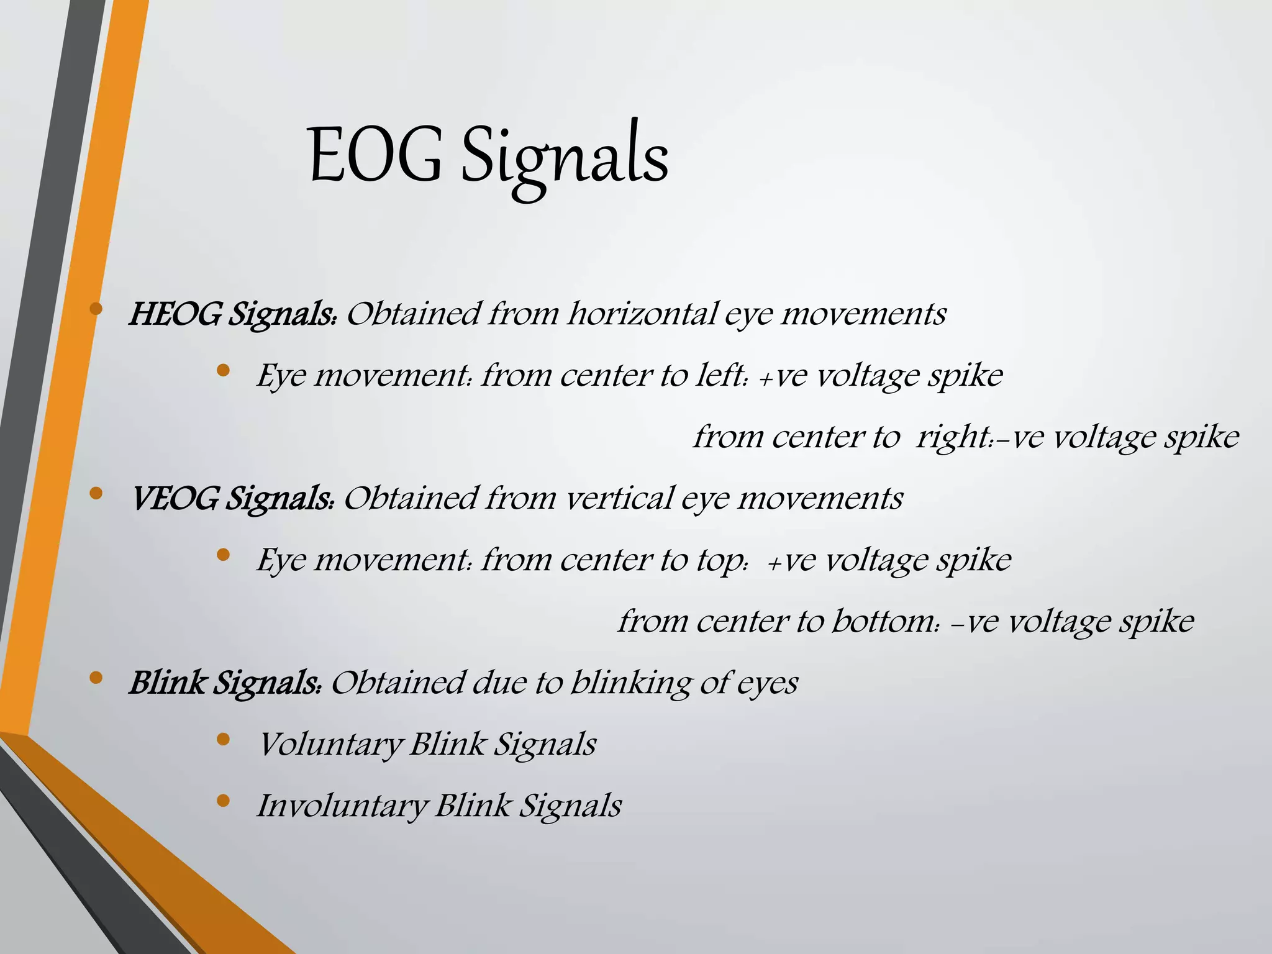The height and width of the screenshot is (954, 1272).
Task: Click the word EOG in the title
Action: click(x=375, y=155)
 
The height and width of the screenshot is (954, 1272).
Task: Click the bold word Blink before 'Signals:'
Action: click(x=166, y=683)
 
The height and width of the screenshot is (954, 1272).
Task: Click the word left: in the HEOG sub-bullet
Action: click(x=720, y=375)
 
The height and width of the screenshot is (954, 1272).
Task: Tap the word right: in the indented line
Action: click(x=958, y=437)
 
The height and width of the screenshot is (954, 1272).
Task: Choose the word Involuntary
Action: click(x=342, y=806)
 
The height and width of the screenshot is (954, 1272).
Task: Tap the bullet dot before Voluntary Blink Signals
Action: click(x=224, y=739)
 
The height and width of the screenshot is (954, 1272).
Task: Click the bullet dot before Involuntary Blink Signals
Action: click(x=224, y=801)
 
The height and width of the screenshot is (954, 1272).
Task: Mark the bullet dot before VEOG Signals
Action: click(x=96, y=493)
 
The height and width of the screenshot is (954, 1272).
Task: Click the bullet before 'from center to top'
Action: click(x=224, y=555)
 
